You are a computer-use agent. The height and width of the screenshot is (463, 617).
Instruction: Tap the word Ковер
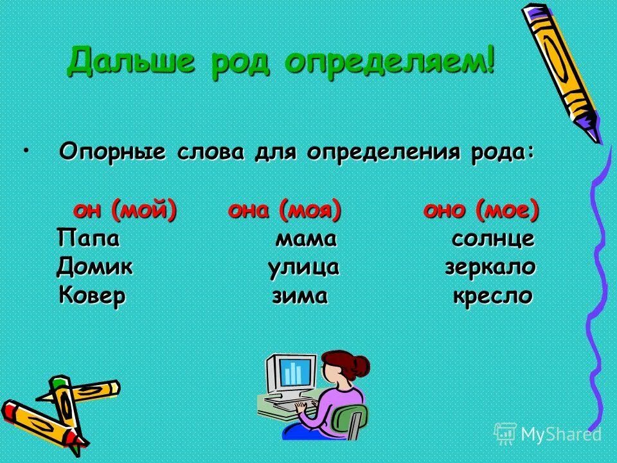[x=92, y=296]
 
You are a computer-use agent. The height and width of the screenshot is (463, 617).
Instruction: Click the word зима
[x=300, y=296]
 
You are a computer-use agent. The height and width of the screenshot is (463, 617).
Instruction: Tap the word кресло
[x=493, y=296]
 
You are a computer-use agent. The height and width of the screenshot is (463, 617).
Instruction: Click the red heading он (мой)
[x=125, y=210]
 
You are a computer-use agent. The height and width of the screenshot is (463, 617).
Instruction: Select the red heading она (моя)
[x=284, y=210]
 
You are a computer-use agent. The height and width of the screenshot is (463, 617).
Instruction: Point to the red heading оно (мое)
[x=481, y=210]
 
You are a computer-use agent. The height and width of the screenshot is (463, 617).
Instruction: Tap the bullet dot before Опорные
[x=26, y=150]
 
